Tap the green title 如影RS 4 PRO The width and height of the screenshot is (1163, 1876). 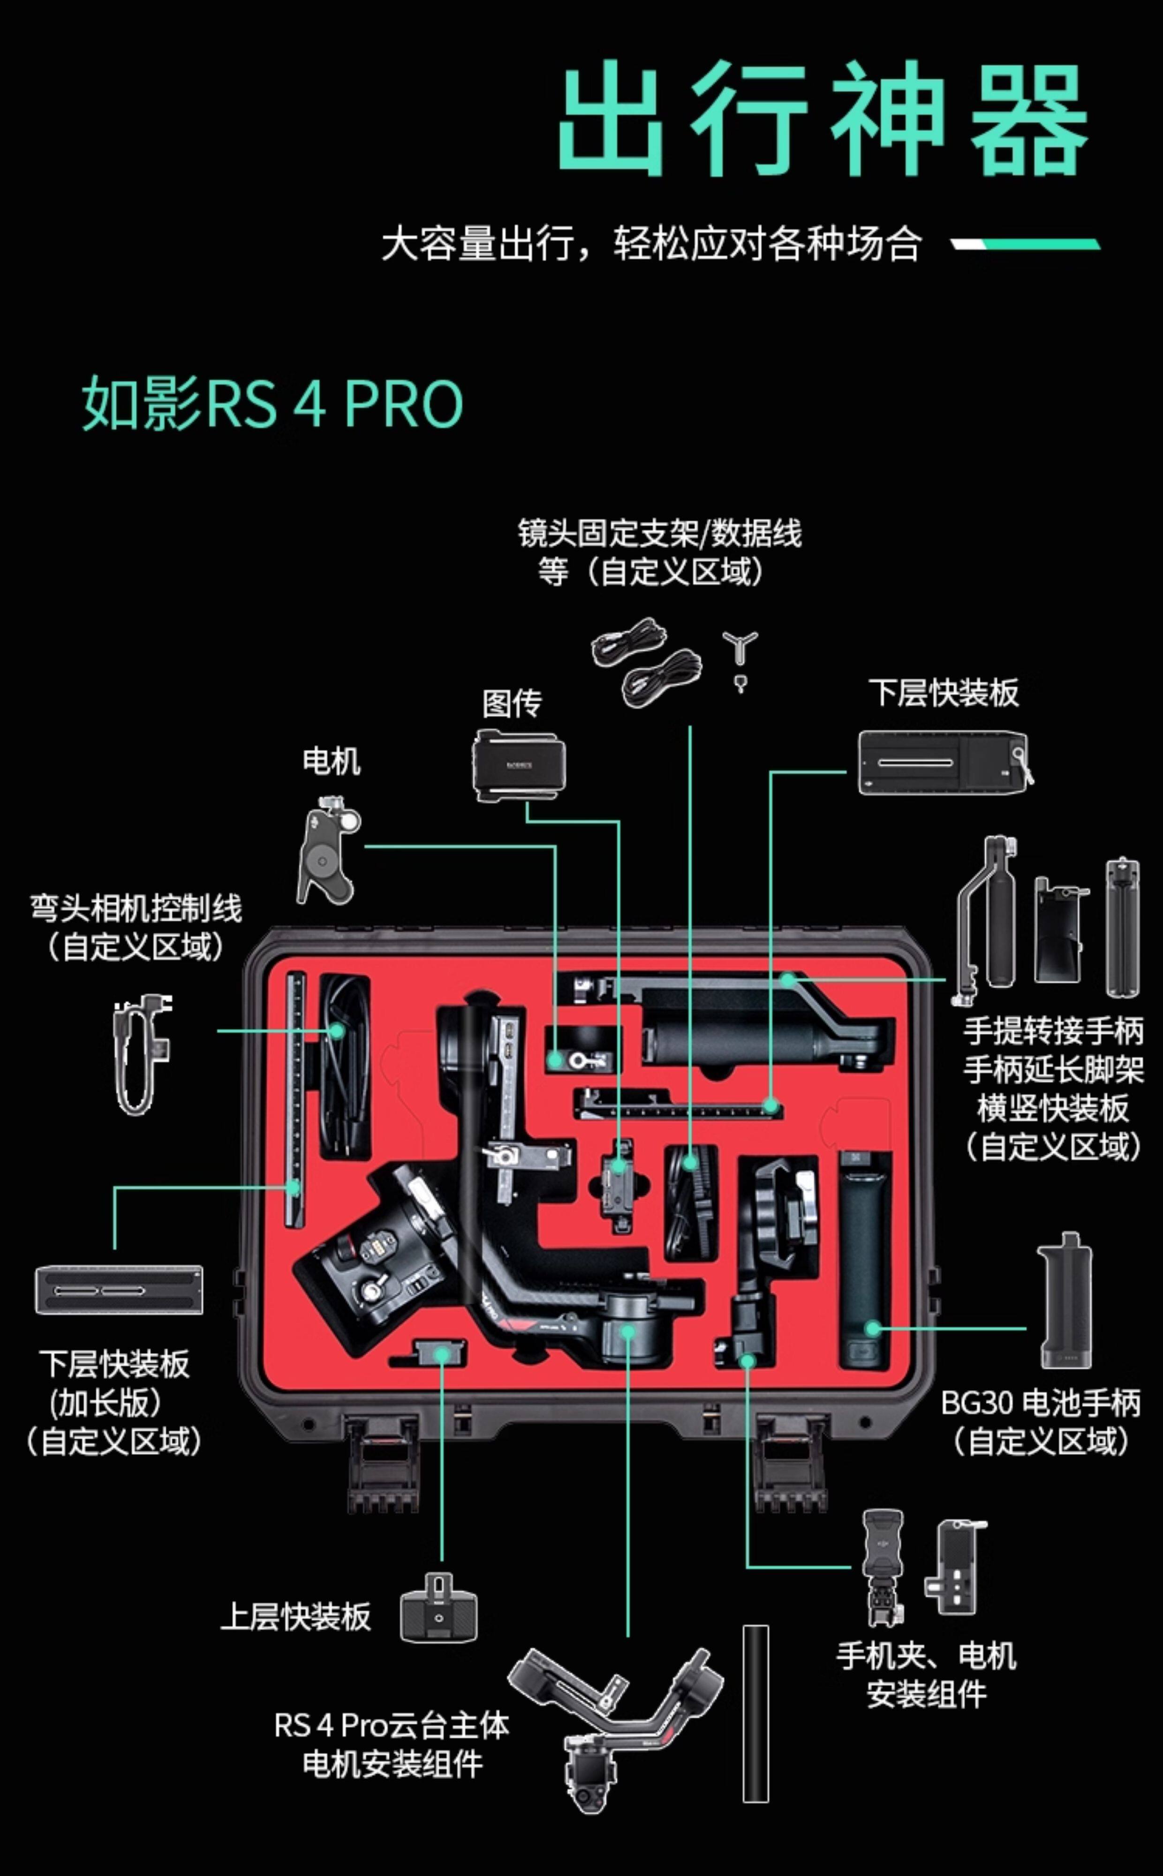[272, 403]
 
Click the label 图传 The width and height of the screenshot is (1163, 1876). [512, 702]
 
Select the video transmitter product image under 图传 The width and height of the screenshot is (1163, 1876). [519, 766]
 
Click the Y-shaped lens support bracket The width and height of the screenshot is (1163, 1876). [740, 652]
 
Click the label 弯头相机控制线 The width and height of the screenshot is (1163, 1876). [136, 908]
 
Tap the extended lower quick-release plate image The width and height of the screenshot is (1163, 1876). [119, 1290]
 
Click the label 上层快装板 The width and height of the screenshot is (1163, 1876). [295, 1616]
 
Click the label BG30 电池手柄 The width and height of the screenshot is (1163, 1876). [1040, 1404]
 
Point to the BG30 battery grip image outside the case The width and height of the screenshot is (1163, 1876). [1065, 1301]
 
